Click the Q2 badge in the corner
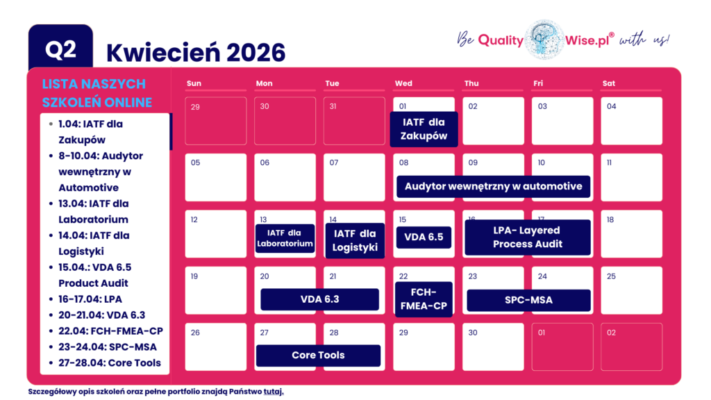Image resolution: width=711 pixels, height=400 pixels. click(x=60, y=49)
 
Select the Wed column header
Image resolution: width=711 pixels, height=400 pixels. click(x=403, y=83)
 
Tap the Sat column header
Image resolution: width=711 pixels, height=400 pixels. click(x=609, y=83)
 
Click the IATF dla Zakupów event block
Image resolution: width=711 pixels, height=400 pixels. click(x=424, y=129)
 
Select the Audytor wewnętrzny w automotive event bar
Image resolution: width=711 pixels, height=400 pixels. click(x=493, y=186)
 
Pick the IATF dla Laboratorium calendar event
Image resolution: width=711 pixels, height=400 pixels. click(x=285, y=238)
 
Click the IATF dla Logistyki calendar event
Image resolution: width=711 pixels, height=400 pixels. click(x=355, y=240)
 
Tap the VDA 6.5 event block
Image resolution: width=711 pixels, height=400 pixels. click(x=424, y=237)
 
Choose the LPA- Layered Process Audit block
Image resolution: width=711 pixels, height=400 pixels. click(x=528, y=237)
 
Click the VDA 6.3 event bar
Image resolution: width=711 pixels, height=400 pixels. click(x=319, y=299)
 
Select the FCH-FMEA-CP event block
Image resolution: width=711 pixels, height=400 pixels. click(x=424, y=299)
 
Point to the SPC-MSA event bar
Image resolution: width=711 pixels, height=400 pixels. click(x=528, y=300)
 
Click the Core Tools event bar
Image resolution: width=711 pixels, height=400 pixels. click(x=318, y=355)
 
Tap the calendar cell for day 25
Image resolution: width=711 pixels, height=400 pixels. click(x=631, y=290)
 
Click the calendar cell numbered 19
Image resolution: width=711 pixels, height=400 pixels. click(x=215, y=290)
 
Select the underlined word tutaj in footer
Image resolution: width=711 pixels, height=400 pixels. click(x=274, y=392)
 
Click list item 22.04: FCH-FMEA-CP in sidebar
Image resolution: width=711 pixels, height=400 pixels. click(x=111, y=331)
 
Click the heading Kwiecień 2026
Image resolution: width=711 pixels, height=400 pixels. click(x=196, y=52)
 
